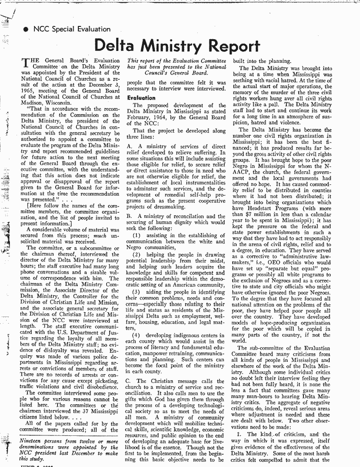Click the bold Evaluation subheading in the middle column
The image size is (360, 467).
(142, 98)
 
